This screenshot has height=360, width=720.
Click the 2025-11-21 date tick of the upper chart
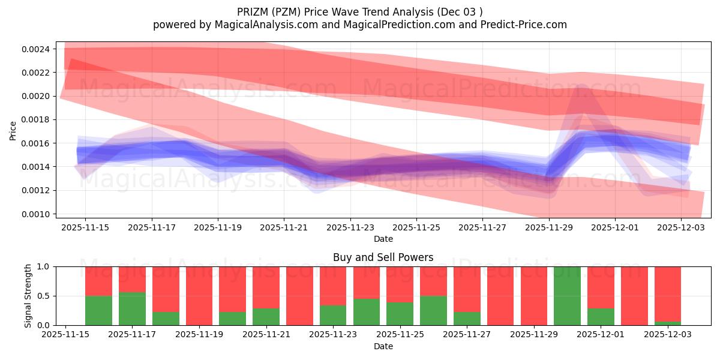click(x=284, y=227)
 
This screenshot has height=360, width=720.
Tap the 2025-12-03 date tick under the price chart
click(x=681, y=227)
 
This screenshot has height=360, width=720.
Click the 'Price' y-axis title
click(x=13, y=130)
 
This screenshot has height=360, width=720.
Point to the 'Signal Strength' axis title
click(x=28, y=296)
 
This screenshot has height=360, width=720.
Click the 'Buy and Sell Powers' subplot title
click(x=383, y=257)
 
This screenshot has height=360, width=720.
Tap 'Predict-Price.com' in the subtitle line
click(x=525, y=25)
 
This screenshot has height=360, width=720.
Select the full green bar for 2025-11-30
click(x=567, y=296)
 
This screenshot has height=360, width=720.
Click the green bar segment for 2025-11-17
click(x=132, y=309)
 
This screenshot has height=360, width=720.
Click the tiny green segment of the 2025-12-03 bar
click(x=667, y=323)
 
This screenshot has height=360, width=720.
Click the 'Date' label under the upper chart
click(x=383, y=239)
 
